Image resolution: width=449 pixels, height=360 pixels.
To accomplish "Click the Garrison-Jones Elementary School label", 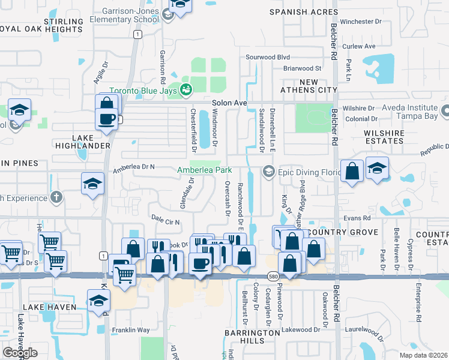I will pyautogui.click(x=124, y=14).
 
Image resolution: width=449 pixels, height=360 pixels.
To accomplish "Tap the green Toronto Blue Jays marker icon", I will pyautogui.click(x=187, y=90).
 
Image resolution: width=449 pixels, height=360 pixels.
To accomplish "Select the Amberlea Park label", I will pyautogui.click(x=204, y=170).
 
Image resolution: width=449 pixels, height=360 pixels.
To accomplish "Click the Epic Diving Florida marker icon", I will pyautogui.click(x=268, y=172).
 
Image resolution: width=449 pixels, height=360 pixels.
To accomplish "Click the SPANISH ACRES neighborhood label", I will pyautogui.click(x=301, y=11).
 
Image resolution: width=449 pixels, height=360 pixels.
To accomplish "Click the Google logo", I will pyautogui.click(x=20, y=353).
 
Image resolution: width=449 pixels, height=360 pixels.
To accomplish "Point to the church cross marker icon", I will pyautogui.click(x=56, y=196).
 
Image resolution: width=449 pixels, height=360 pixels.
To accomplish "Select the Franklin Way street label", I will pyautogui.click(x=130, y=330).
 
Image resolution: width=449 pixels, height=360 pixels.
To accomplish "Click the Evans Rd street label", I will pyautogui.click(x=357, y=219).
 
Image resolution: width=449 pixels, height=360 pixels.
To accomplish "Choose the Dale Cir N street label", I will pyautogui.click(x=166, y=222).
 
